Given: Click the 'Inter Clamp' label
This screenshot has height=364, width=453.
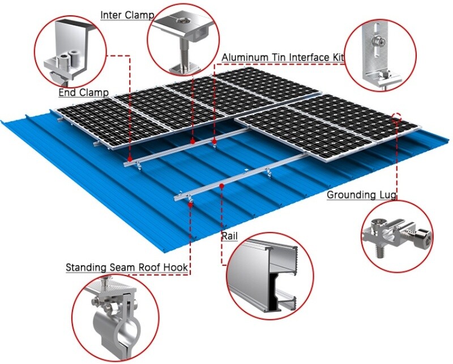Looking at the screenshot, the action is click(x=127, y=15).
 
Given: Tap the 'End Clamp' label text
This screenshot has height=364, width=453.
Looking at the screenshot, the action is click(x=84, y=92).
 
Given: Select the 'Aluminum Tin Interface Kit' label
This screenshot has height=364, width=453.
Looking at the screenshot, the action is click(x=283, y=57).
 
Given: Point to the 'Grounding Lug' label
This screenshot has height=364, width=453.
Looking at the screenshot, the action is click(x=361, y=195).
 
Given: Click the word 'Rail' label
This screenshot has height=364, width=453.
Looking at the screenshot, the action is click(x=230, y=236).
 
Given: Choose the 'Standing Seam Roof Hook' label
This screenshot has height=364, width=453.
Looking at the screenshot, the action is click(x=127, y=268).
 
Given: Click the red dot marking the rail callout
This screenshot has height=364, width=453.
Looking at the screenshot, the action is click(x=221, y=186).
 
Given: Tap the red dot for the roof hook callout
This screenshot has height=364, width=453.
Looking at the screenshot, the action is click(x=190, y=205).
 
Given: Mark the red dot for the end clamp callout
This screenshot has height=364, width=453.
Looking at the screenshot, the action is click(x=130, y=159).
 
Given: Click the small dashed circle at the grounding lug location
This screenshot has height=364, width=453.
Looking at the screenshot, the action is click(x=398, y=117).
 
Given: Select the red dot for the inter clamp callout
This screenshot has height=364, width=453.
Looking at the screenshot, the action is click(x=193, y=142).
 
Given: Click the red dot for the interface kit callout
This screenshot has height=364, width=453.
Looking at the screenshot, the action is click(x=215, y=141).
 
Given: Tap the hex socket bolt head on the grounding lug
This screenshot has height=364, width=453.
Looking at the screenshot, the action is click(x=424, y=239).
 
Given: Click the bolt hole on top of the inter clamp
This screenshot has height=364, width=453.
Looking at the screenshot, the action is click(x=183, y=20).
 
